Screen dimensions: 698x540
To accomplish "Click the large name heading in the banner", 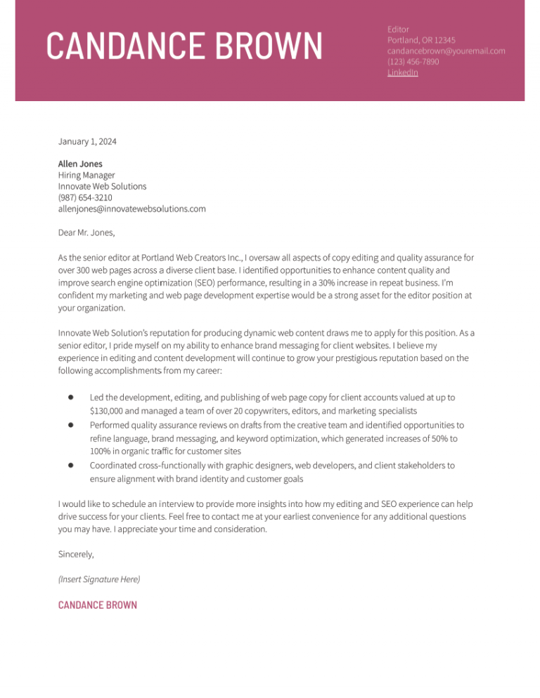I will [184, 46].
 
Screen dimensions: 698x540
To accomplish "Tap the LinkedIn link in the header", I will [402, 72].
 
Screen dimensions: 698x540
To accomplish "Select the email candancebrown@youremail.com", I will [446, 51].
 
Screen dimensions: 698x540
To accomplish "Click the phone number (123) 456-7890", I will [413, 62].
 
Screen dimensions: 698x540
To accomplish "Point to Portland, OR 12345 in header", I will [421, 40].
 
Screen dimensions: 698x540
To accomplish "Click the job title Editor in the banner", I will [399, 29].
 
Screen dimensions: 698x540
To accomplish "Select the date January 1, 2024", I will [87, 142].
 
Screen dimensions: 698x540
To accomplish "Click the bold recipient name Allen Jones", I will [80, 164].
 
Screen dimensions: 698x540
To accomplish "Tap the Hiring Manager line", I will [86, 176].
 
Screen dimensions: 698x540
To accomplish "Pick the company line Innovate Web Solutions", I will [102, 187].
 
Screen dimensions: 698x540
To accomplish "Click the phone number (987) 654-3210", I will [85, 198].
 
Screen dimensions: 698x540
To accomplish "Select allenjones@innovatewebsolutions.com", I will [131, 209].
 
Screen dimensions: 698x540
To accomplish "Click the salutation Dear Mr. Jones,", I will [86, 232].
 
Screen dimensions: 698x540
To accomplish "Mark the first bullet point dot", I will [72, 397].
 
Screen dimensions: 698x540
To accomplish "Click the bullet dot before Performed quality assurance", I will [72, 425].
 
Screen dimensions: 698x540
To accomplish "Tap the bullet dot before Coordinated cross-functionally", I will [72, 465].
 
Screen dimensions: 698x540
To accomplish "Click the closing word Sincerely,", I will [76, 554].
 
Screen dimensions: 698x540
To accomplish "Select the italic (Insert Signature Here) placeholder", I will [99, 579].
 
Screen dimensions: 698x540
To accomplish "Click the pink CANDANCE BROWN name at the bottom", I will [98, 605].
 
